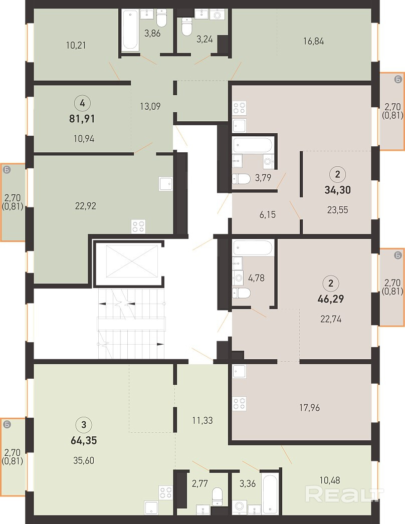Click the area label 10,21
pos(76,45)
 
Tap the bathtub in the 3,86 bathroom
pos(130,30)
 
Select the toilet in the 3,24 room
pos(186,26)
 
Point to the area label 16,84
pos(313,41)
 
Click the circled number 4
pos(82,103)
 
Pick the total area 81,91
pos(82,119)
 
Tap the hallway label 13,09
pos(150,106)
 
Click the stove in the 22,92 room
pos(138,226)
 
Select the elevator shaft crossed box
pos(132,261)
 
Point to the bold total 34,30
pos(337,190)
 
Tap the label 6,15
pos(268,214)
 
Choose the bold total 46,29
pos(330,299)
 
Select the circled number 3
pos(84,425)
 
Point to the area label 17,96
pos(309,408)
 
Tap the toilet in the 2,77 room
pos(218,496)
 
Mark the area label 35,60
pos(84,460)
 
